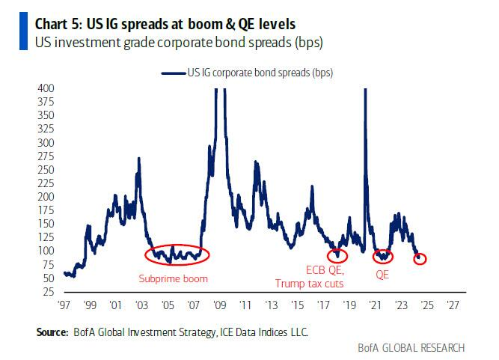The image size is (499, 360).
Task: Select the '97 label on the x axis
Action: (x=64, y=305)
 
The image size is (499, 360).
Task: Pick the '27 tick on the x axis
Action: (x=453, y=305)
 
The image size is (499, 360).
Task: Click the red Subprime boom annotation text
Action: (x=172, y=279)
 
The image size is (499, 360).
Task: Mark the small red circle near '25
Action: (x=420, y=258)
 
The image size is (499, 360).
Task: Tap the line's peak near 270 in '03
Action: (x=139, y=159)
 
